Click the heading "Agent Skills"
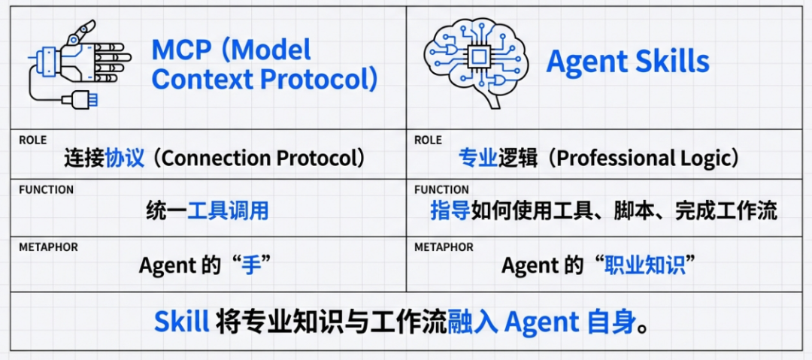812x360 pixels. point(627,62)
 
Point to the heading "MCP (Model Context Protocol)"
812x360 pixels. point(264,65)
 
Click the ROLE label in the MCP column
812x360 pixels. point(32,141)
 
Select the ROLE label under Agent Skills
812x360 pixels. point(428,141)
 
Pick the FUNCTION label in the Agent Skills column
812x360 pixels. point(441,189)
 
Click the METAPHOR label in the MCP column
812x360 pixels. point(48,247)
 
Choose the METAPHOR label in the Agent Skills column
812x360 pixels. point(444,247)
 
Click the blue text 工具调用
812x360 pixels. point(228,210)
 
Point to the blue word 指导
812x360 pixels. point(450,210)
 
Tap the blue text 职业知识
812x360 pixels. point(645,265)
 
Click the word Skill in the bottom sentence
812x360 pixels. point(181,322)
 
